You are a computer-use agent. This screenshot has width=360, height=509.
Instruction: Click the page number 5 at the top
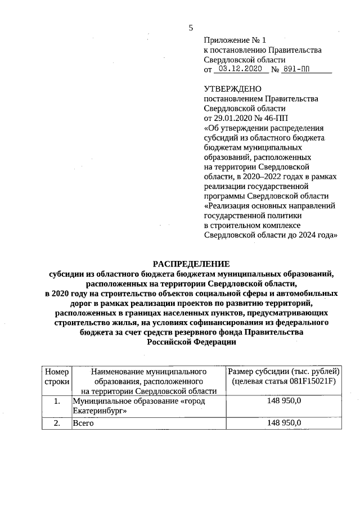click(x=191, y=28)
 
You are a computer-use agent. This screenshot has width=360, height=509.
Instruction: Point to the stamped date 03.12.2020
click(x=241, y=69)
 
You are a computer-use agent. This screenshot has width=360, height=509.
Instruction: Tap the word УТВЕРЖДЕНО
click(x=233, y=89)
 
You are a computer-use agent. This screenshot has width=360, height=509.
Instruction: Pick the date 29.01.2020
click(x=233, y=118)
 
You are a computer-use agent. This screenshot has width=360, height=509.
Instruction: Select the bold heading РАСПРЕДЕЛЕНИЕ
click(x=192, y=264)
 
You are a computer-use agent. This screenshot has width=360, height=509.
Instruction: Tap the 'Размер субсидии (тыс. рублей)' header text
click(x=283, y=371)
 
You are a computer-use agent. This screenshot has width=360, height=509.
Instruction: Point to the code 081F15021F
click(x=304, y=381)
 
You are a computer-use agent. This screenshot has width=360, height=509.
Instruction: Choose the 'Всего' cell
click(x=83, y=424)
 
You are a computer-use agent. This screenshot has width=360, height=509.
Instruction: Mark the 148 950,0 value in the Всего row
click(x=284, y=423)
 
